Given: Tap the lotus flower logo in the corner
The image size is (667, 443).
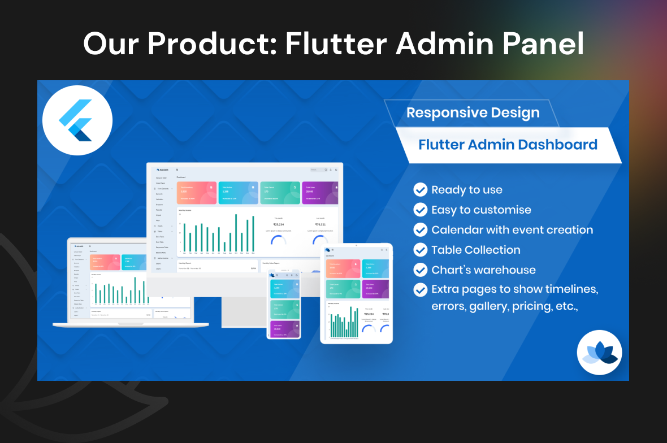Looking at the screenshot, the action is tap(599, 353).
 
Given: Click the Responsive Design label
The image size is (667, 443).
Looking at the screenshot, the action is tap(473, 112).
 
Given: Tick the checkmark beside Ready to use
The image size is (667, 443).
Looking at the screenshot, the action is tap(421, 190).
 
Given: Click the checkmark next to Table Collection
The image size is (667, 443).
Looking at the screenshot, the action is tap(421, 250).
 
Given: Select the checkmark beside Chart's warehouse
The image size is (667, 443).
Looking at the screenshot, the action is tap(421, 270).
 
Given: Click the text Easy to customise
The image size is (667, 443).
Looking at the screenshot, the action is tap(481, 210).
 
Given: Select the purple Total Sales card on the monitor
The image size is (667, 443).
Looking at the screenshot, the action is tap(320, 193).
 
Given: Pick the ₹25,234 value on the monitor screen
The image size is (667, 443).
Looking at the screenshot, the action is tap(278, 224).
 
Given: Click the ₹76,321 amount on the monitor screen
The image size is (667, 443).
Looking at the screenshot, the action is tap(320, 224).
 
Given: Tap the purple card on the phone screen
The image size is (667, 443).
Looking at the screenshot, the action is tap(284, 329).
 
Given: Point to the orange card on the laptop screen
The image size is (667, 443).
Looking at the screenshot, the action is tap(105, 262).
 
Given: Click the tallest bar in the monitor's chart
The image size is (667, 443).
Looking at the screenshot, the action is tap(236, 233).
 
